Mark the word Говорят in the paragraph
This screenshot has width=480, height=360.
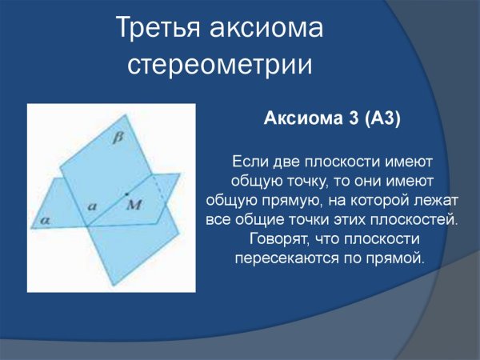[x=277, y=239]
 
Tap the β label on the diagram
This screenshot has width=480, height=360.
[x=120, y=138]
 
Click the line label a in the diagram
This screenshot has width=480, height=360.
[x=92, y=206]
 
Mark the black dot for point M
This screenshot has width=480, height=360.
[x=126, y=194]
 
